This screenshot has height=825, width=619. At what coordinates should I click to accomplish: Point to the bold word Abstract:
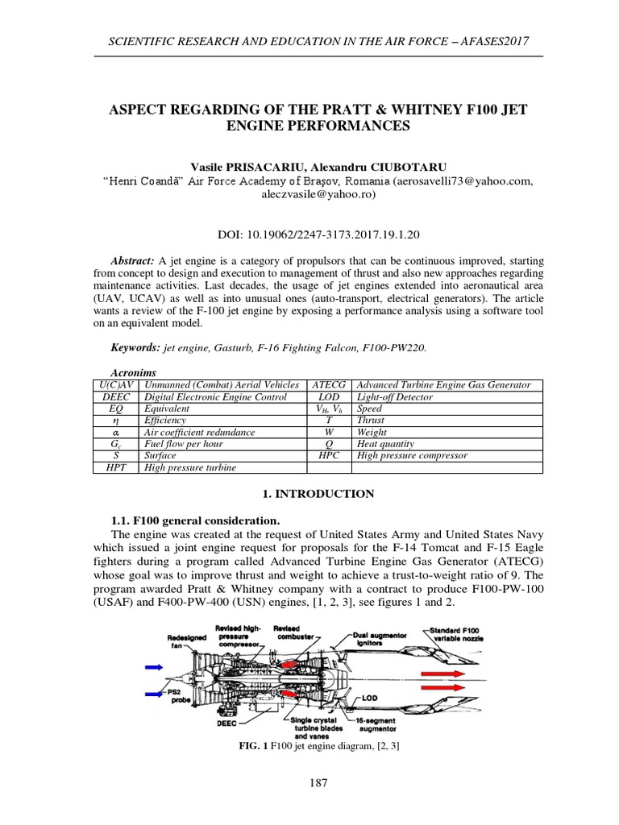pos(133,262)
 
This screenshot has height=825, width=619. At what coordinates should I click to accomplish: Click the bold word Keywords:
pos(135,346)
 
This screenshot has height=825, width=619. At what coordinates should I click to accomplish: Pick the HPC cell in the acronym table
pos(329,456)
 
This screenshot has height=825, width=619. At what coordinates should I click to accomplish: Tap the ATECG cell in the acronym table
pos(329,385)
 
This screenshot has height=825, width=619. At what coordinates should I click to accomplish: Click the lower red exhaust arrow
pos(451,695)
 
